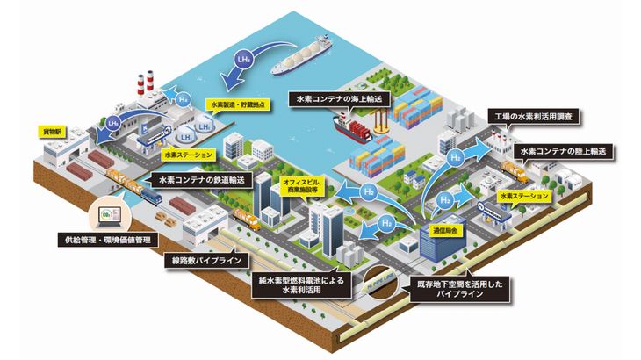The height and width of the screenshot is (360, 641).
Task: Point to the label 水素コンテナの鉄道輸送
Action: click(x=202, y=179)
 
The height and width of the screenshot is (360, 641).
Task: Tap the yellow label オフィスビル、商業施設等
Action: click(x=301, y=187)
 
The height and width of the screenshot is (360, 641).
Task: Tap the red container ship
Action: click(x=356, y=130)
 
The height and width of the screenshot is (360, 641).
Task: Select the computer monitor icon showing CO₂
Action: click(x=107, y=213)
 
